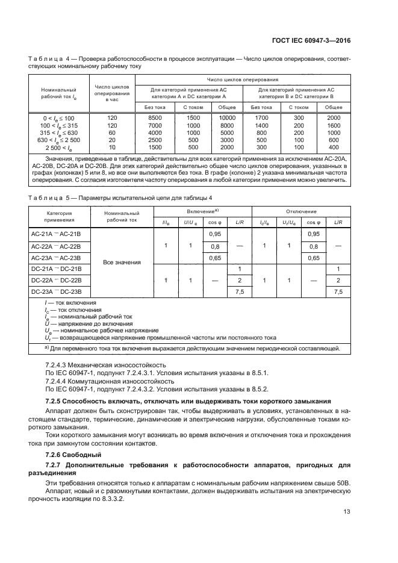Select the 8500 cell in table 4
pos(155,117)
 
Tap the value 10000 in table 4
pos(226,117)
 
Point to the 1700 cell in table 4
pos(261,117)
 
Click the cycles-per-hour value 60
pos(111,132)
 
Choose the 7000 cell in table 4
pos(155,125)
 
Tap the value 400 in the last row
pos(334,148)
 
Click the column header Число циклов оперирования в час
pos(111,93)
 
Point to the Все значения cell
pos(122,263)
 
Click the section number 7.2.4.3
pos(58,364)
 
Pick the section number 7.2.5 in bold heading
pos(56,401)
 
